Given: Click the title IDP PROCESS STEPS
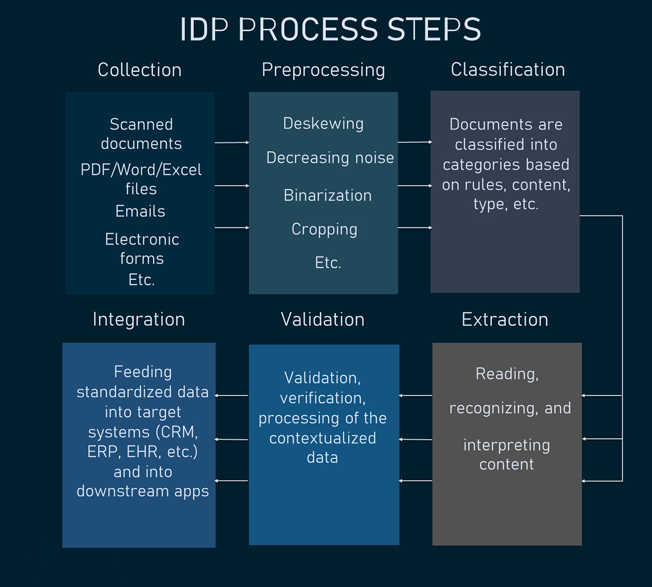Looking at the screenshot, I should [x=330, y=29].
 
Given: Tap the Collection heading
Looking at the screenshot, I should [x=140, y=70].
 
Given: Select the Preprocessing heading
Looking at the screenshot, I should [x=323, y=70].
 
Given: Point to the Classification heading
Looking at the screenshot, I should [x=507, y=70].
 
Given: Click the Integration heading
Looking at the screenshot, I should [x=139, y=320].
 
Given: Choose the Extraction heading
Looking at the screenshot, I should [x=505, y=320].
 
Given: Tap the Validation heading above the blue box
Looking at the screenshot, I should [x=323, y=320].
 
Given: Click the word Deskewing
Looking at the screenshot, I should [x=323, y=124].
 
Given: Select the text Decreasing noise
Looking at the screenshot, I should [x=330, y=158].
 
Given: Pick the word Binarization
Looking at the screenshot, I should [x=328, y=196].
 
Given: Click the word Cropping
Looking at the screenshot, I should [x=324, y=229].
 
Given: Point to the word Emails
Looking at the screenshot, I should [x=140, y=211].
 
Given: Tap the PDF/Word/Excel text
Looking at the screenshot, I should [x=141, y=170].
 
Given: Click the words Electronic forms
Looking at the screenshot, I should [x=142, y=249].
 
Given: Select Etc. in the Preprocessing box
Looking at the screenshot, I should [x=328, y=263].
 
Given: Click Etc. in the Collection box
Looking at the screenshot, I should [x=141, y=280].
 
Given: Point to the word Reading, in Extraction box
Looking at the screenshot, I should [x=507, y=374].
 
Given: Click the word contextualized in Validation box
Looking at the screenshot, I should [x=323, y=438].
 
